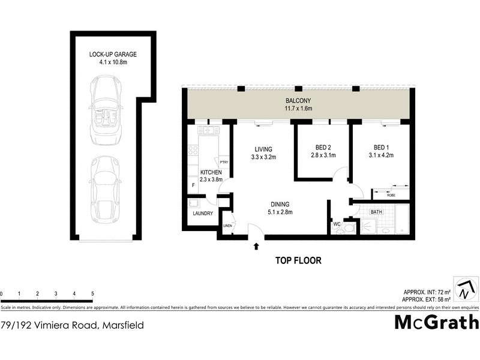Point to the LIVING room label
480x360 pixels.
(x=263, y=149)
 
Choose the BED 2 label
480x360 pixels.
(x=323, y=148)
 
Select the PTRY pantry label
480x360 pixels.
(x=224, y=162)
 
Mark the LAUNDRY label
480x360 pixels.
(x=202, y=213)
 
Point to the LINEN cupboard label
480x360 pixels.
(x=227, y=226)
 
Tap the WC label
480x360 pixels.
(x=336, y=224)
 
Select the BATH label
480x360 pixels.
(x=376, y=212)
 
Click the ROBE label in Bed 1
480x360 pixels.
(x=390, y=194)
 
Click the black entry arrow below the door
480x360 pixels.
(x=257, y=245)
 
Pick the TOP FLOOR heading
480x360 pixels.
(x=298, y=260)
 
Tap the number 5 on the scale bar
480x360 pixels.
(x=92, y=293)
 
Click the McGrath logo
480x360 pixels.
(x=436, y=322)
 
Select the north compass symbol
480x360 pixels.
(x=464, y=289)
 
